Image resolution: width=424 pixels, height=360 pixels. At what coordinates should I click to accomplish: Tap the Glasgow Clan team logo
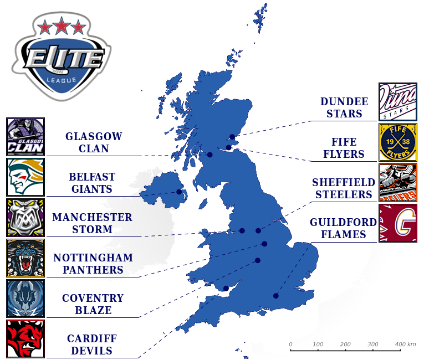pyautogui.click(x=25, y=137)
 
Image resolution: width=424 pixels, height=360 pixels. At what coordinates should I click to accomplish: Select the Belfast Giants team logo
pyautogui.click(x=25, y=177)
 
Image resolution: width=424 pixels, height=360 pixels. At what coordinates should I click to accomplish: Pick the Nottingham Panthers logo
pyautogui.click(x=25, y=258)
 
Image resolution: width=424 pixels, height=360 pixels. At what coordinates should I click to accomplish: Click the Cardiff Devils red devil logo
pyautogui.click(x=25, y=339)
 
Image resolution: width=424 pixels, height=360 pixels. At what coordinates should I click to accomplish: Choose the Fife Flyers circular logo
pyautogui.click(x=397, y=142)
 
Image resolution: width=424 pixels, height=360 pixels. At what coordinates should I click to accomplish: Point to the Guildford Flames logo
pyautogui.click(x=397, y=223)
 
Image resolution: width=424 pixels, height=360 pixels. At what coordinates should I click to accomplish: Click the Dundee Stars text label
pyautogui.click(x=344, y=108)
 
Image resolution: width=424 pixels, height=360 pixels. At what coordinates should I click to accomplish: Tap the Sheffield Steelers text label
pyautogui.click(x=342, y=188)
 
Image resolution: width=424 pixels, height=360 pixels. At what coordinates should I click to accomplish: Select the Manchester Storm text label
pyautogui.click(x=93, y=223)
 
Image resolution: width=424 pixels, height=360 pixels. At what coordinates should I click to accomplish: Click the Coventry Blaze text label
pyautogui.click(x=93, y=304)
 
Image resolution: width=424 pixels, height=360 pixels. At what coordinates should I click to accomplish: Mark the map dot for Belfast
pyautogui.click(x=179, y=192)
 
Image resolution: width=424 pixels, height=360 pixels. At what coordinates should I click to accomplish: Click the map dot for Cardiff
pyautogui.click(x=226, y=288)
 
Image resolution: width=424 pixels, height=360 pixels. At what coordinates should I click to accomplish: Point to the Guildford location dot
pyautogui.click(x=275, y=296)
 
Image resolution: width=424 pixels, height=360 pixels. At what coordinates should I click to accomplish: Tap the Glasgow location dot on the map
pyautogui.click(x=210, y=155)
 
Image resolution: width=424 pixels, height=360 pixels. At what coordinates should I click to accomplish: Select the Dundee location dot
pyautogui.click(x=232, y=137)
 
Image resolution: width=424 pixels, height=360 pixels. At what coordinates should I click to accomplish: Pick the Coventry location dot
pyautogui.click(x=258, y=260)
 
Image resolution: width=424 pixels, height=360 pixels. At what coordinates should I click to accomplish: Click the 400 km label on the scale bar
pyautogui.click(x=405, y=344)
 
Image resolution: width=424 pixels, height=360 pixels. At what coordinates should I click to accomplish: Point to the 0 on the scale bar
pyautogui.click(x=290, y=344)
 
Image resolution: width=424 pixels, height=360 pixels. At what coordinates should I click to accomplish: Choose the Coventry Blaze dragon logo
pyautogui.click(x=25, y=299)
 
